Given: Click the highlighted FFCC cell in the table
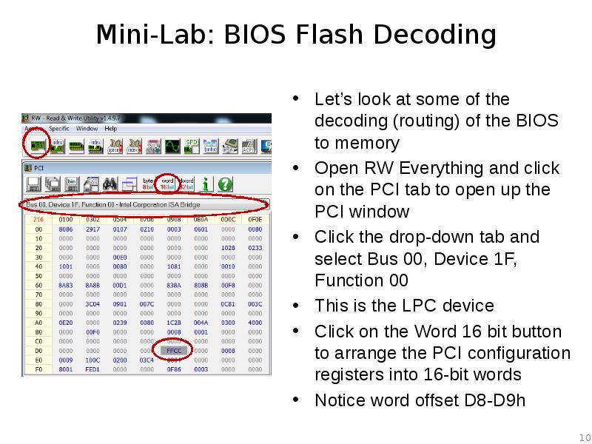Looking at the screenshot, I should coord(174,350).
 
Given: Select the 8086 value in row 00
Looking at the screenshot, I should coord(65,229).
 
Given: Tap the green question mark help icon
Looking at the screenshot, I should coord(225,184).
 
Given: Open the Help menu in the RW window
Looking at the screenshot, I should coord(111,129).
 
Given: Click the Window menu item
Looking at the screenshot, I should coord(87,129).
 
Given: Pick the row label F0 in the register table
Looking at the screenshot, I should coord(38,369).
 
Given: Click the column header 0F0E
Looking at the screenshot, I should coord(255,220).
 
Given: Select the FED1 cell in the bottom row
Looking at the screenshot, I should coord(92,369).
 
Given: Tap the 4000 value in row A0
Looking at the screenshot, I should coord(255,323).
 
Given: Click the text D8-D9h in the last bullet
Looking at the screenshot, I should coord(494,400).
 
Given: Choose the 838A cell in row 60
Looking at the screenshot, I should coord(173,286).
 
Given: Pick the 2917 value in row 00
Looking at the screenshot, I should coord(92,229).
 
